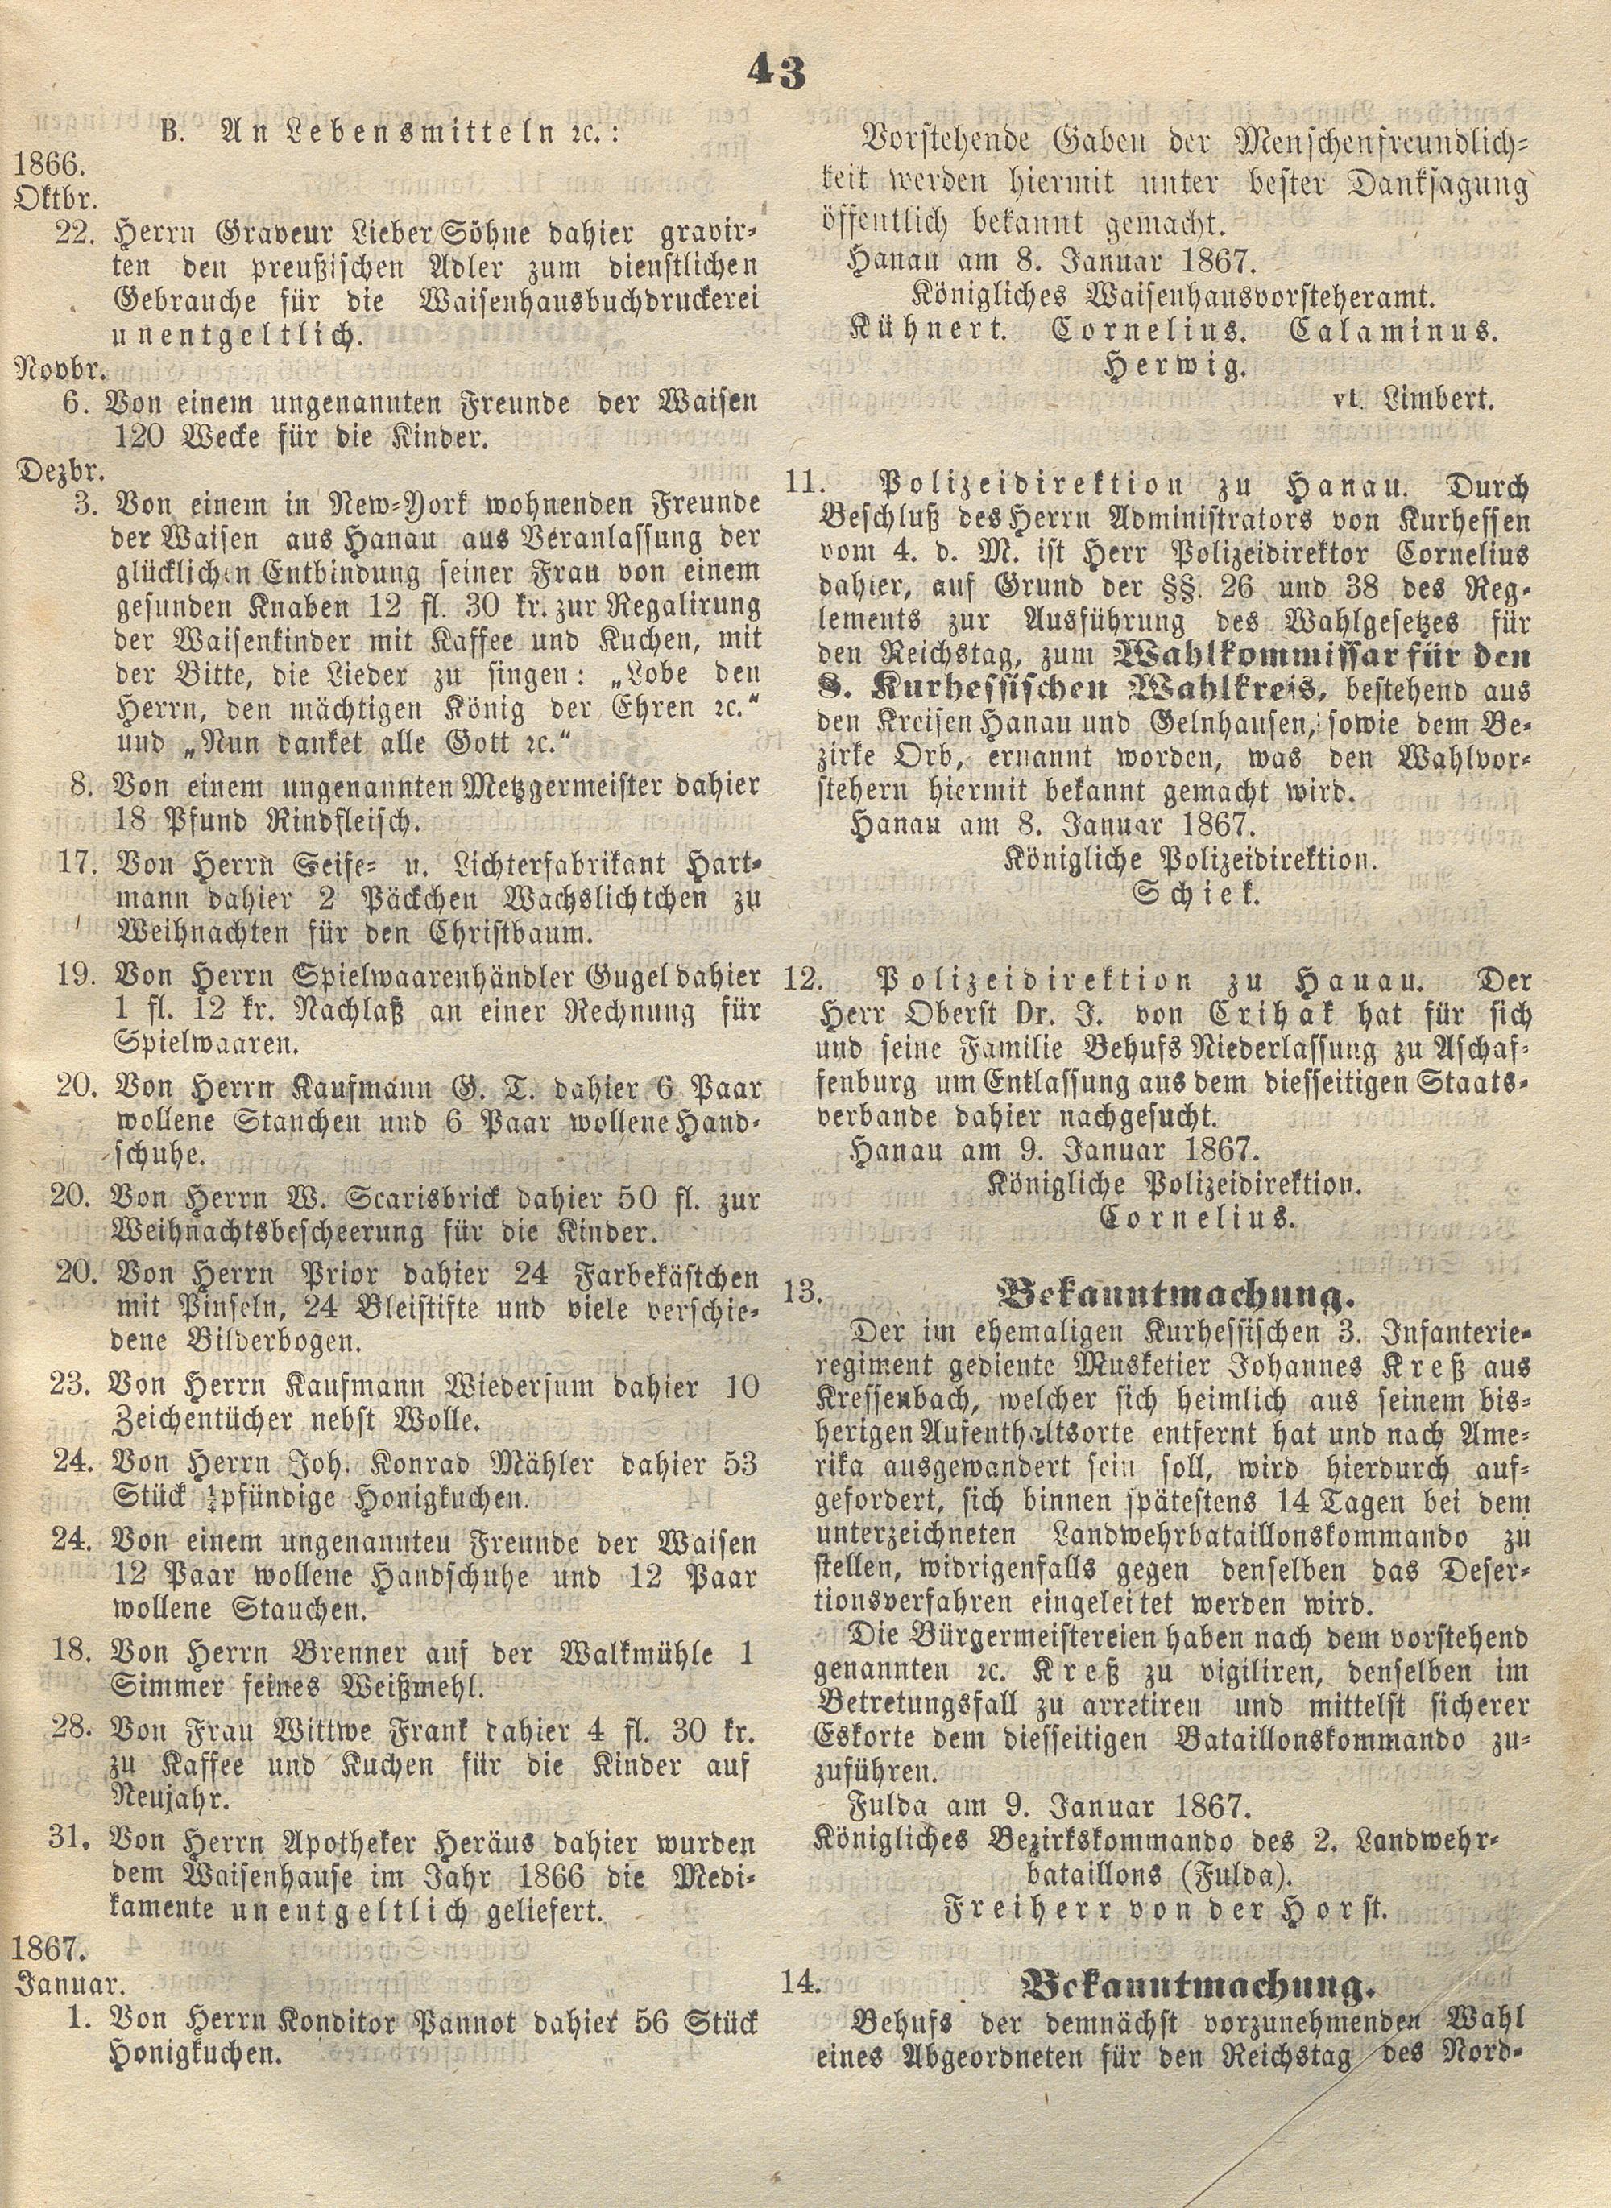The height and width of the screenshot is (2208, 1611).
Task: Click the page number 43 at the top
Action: tap(778, 73)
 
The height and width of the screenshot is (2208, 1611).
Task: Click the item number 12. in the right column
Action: tap(801, 982)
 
